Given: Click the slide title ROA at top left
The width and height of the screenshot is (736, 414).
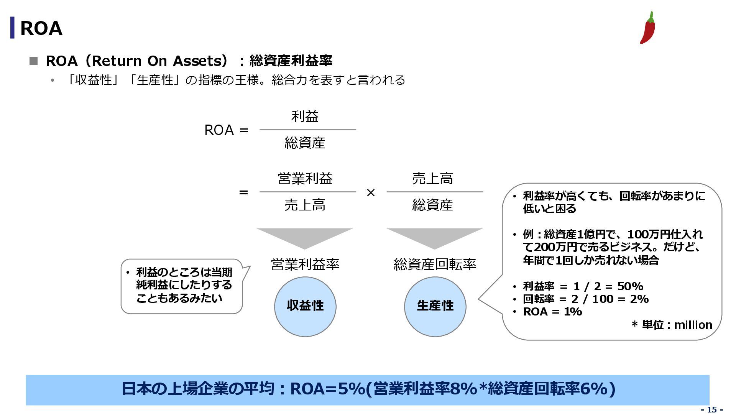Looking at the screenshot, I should tap(41, 28).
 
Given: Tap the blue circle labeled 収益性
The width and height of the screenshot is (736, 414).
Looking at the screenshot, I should tap(305, 306).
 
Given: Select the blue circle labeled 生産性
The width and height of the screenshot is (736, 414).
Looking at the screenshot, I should tap(435, 306).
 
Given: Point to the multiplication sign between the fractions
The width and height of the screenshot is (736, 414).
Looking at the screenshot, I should tap(371, 192).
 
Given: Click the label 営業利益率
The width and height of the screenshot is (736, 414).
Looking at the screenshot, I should tap(305, 264).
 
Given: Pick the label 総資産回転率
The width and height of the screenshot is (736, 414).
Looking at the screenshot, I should tap(435, 264).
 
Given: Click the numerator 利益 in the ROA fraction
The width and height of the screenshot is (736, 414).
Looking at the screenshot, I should tap(305, 116).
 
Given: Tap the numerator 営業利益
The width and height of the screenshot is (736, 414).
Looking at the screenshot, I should tap(305, 179).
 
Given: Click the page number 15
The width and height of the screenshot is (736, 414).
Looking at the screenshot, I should tap(712, 409).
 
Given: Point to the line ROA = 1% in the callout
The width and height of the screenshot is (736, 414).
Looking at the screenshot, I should tap(552, 312).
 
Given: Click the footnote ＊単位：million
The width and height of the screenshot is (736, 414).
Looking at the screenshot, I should tap(672, 325).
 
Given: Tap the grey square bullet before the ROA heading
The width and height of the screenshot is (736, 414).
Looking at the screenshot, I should tap(34, 61).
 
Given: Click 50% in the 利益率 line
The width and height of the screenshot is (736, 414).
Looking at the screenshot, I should tap(630, 286).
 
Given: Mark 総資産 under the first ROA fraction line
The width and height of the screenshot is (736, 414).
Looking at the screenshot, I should tap(305, 143).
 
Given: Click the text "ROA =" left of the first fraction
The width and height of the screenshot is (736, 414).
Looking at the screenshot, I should tap(226, 130).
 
